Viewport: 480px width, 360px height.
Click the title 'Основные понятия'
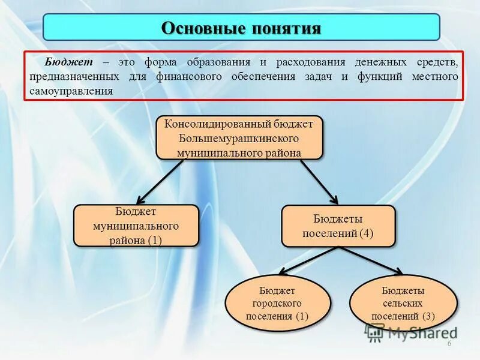pyautogui.click(x=241, y=28)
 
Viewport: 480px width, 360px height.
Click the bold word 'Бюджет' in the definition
pyautogui.click(x=66, y=62)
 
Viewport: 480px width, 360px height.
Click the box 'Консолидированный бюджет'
pyautogui.click(x=239, y=137)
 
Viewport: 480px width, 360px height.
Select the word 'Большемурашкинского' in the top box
pyautogui.click(x=239, y=138)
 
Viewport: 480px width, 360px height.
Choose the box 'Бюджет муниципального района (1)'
pyautogui.click(x=136, y=226)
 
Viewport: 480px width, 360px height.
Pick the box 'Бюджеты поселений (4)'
pyautogui.click(x=338, y=226)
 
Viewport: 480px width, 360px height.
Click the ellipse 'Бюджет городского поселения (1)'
pyautogui.click(x=277, y=303)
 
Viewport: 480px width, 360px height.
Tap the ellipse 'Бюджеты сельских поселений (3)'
pyautogui.click(x=403, y=303)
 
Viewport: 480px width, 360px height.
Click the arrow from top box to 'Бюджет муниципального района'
pyautogui.click(x=160, y=181)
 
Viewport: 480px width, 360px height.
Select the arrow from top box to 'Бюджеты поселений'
pyautogui.click(x=319, y=181)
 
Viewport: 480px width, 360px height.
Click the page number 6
pyautogui.click(x=448, y=343)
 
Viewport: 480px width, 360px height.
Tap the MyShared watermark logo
pyautogui.click(x=410, y=331)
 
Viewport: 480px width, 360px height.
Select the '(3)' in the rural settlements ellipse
pyautogui.click(x=428, y=316)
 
